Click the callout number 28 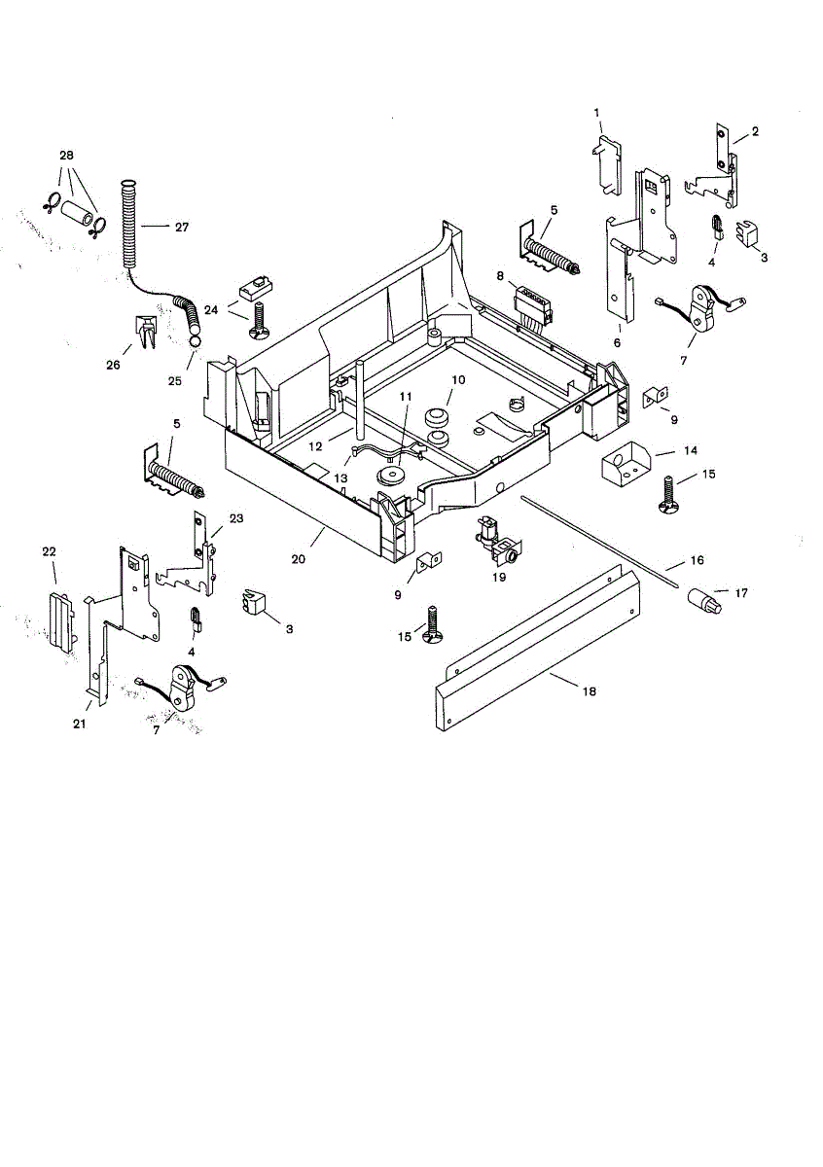[x=66, y=156]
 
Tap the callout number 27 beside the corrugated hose [x=181, y=227]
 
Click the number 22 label [x=49, y=551]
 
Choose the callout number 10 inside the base [x=457, y=378]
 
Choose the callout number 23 [x=236, y=518]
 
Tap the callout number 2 [x=755, y=131]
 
